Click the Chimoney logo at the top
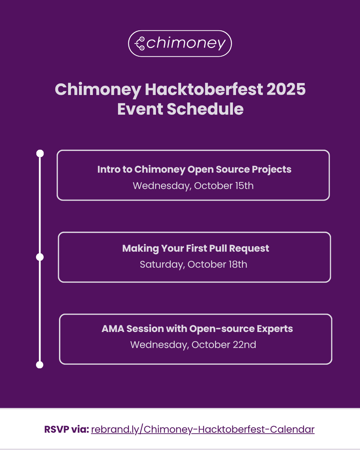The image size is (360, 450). [180, 43]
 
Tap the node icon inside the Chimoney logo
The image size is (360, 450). [140, 43]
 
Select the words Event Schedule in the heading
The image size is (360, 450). [180, 109]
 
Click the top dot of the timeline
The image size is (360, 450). [40, 153]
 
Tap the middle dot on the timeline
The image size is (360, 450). [40, 257]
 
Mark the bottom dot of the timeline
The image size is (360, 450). [40, 364]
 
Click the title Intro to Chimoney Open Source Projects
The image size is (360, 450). [194, 169]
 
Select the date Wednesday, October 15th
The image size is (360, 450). [193, 186]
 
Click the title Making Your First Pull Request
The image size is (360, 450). [195, 248]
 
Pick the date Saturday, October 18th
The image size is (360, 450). [193, 264]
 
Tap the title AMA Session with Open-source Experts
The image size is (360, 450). [197, 328]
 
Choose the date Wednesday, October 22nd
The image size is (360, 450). [193, 345]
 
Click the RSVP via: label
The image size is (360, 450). [66, 429]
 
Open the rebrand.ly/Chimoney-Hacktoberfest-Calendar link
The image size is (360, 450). [202, 429]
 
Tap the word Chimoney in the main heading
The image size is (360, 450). [98, 90]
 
